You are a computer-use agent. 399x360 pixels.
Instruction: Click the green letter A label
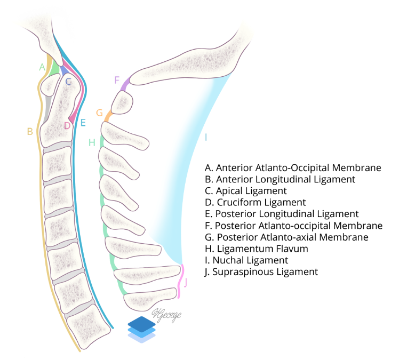click(42, 67)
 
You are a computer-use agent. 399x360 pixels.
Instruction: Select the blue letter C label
click(68, 82)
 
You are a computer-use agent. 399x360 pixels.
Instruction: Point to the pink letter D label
click(67, 126)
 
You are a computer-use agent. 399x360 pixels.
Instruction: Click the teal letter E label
click(83, 123)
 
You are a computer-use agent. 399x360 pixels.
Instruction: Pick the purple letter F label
click(117, 80)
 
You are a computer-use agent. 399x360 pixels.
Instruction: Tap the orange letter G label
click(99, 113)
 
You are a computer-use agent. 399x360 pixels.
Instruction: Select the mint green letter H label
click(92, 142)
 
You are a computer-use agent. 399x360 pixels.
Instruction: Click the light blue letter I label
click(206, 137)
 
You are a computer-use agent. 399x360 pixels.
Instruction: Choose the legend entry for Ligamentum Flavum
click(257, 249)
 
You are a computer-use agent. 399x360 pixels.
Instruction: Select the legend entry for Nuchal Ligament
click(246, 260)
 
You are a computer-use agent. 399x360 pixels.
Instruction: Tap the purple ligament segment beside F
click(125, 84)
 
